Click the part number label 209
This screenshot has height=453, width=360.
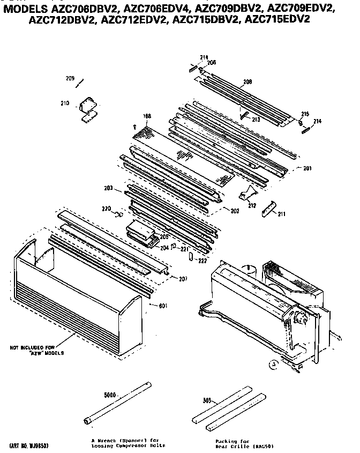click(70, 79)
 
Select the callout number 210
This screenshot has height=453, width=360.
click(64, 103)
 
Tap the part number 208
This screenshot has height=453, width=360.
click(247, 82)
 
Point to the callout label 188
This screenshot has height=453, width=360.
click(147, 116)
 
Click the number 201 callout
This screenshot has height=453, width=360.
click(307, 168)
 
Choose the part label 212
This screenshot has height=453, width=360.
click(252, 205)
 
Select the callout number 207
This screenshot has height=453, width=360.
click(183, 279)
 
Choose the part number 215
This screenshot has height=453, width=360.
click(305, 114)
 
